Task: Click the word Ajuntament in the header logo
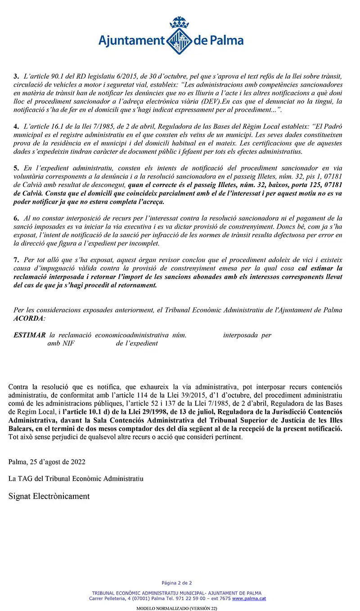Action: tap(131, 41)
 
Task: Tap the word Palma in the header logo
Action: tap(226, 41)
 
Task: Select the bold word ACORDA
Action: tap(29, 319)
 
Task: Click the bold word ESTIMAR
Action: tap(30, 335)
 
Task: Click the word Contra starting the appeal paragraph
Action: tap(18, 387)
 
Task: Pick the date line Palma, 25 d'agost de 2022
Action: tap(47, 462)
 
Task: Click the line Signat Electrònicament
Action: tap(49, 496)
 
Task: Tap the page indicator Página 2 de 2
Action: tap(177, 583)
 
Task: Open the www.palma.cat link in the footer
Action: tap(249, 599)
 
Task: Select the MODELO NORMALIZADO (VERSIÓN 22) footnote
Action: tap(177, 608)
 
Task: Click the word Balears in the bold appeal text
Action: tap(20, 429)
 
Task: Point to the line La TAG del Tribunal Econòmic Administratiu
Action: tap(76, 479)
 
